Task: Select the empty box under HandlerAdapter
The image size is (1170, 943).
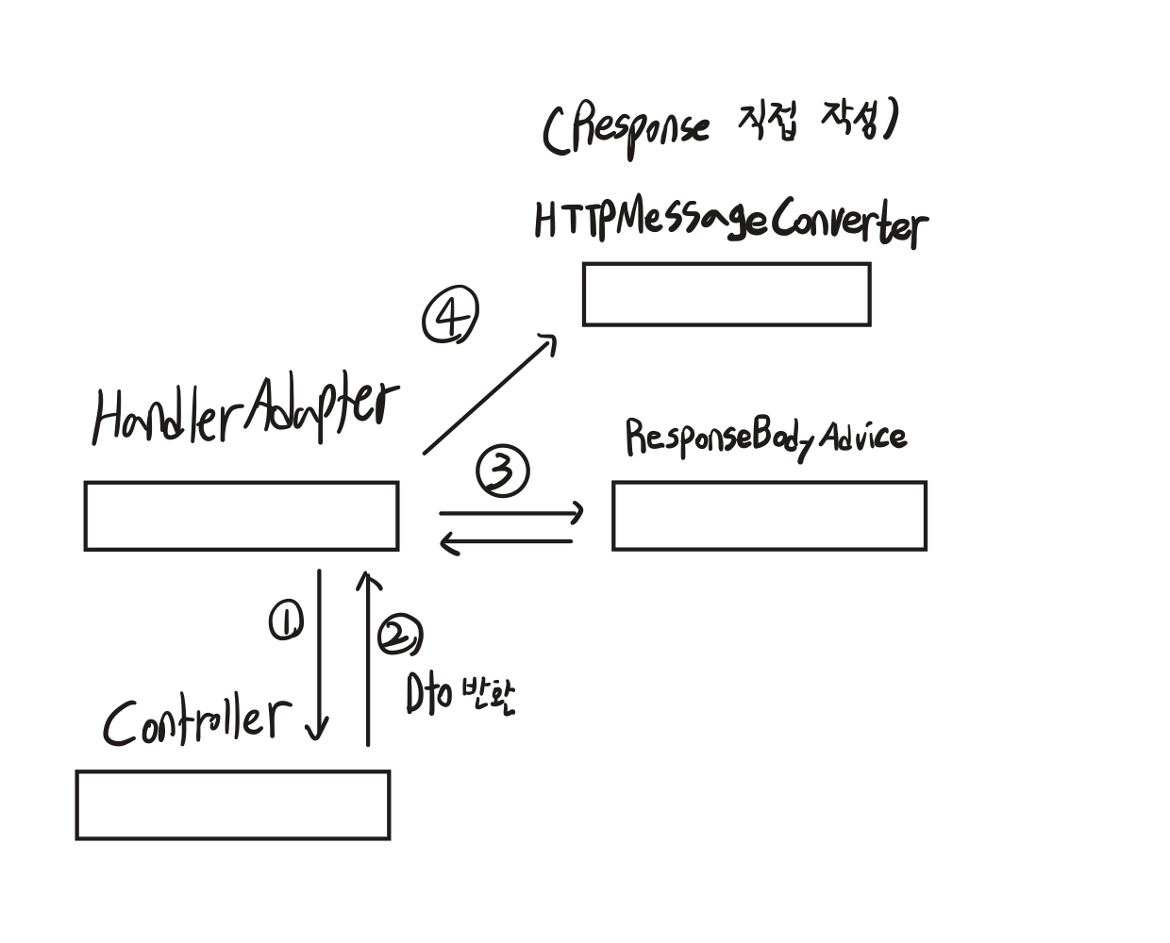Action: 242,516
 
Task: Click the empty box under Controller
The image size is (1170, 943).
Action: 233,804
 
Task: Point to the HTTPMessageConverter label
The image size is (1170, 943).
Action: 729,223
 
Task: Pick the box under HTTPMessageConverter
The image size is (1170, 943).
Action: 727,294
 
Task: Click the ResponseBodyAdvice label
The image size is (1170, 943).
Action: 765,438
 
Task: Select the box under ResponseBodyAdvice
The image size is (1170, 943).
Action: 769,516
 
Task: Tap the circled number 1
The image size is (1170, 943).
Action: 286,622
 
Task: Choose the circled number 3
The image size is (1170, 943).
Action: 503,472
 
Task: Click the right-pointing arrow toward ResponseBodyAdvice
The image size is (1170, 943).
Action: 511,513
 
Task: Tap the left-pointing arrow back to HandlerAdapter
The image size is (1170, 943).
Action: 507,542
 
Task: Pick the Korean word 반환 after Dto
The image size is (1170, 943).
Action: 489,696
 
